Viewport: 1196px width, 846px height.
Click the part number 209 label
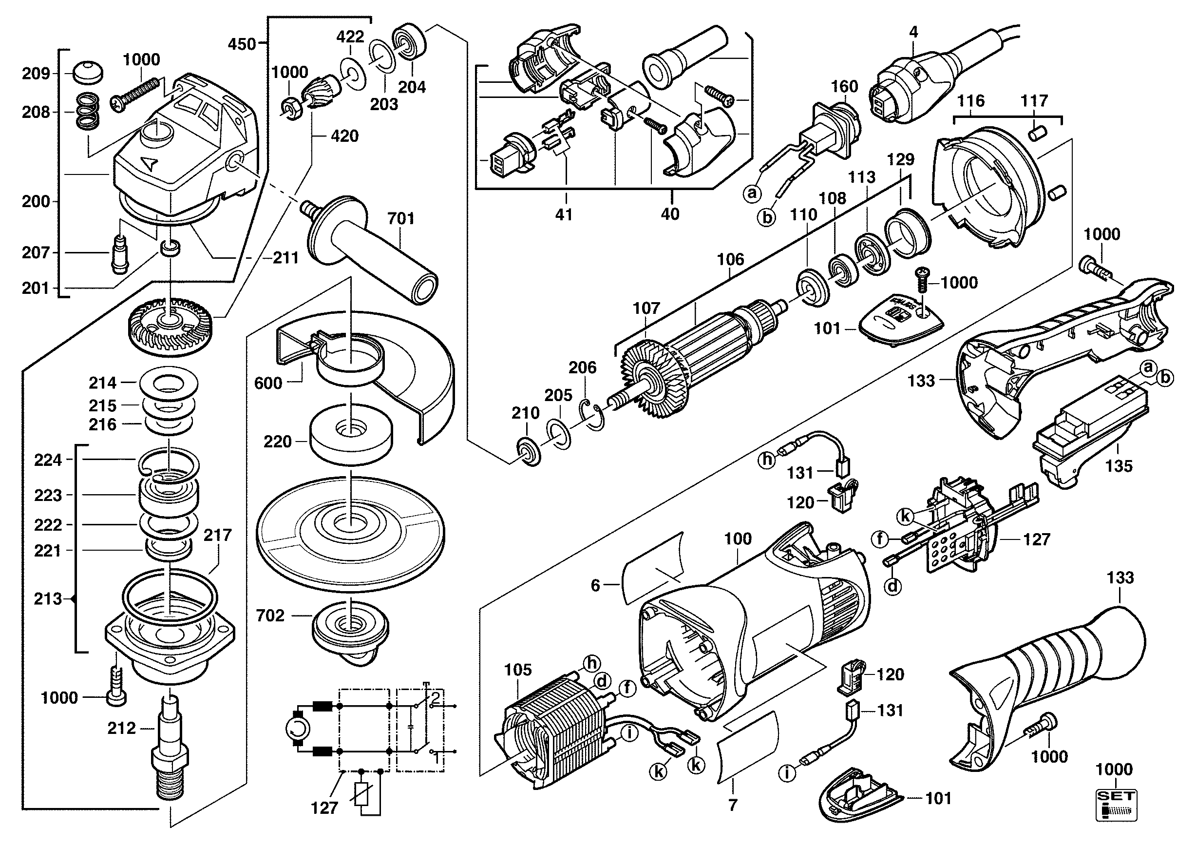tap(36, 74)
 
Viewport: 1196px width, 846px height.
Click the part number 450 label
tap(242, 44)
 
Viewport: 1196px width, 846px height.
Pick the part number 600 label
tap(268, 384)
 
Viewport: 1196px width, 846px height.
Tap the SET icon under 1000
tap(1116, 805)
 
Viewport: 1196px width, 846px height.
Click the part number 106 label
tap(730, 259)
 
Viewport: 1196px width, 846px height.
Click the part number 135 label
tap(1119, 466)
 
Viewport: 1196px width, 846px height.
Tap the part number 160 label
tap(844, 86)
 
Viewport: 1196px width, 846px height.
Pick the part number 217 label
tap(217, 535)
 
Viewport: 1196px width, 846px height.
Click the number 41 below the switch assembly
tap(564, 214)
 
